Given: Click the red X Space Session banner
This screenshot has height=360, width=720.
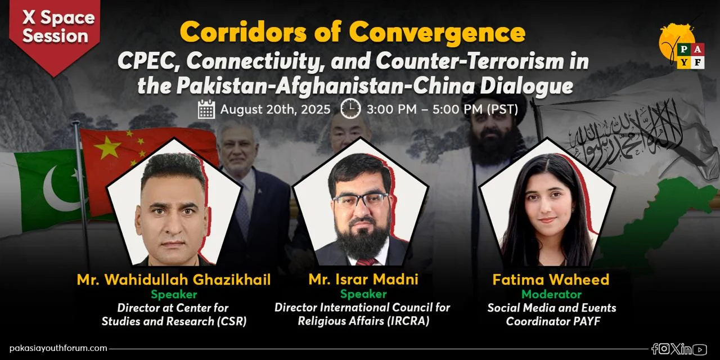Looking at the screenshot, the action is coord(55,32).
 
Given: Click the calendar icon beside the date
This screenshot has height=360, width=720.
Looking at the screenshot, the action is coord(206,109).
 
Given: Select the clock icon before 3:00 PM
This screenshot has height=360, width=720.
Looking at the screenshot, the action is coord(350,109).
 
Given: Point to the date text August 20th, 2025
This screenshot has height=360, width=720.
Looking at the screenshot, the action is coord(275,109).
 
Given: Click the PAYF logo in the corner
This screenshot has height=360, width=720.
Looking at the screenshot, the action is coord(681,46).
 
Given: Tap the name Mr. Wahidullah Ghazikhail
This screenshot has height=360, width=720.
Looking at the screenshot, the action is coord(174,280).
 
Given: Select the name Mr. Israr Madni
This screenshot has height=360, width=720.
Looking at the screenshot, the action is coord(363,280).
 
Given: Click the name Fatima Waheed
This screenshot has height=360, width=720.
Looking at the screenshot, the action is coord(551,280).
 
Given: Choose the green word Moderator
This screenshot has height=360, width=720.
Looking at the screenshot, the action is coord(552,294).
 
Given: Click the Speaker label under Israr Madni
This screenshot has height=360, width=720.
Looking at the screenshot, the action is coord(363,294).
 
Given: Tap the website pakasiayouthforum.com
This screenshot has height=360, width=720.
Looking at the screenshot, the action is coord(58,348).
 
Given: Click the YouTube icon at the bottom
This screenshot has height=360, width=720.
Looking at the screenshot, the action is coord(700,349).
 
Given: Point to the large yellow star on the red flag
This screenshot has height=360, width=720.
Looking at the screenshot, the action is coord(108,147).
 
